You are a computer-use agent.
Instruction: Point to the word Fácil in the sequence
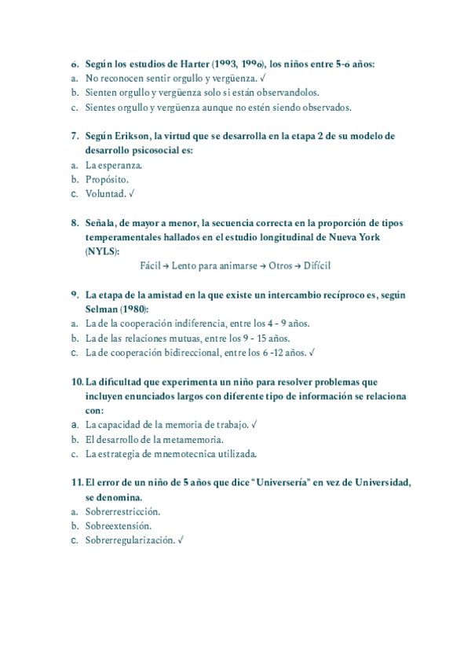[152, 265]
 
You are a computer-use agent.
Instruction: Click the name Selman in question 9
[104, 309]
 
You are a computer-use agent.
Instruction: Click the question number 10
[77, 381]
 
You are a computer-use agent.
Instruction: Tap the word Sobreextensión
[119, 525]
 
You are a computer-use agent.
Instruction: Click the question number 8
[75, 222]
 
